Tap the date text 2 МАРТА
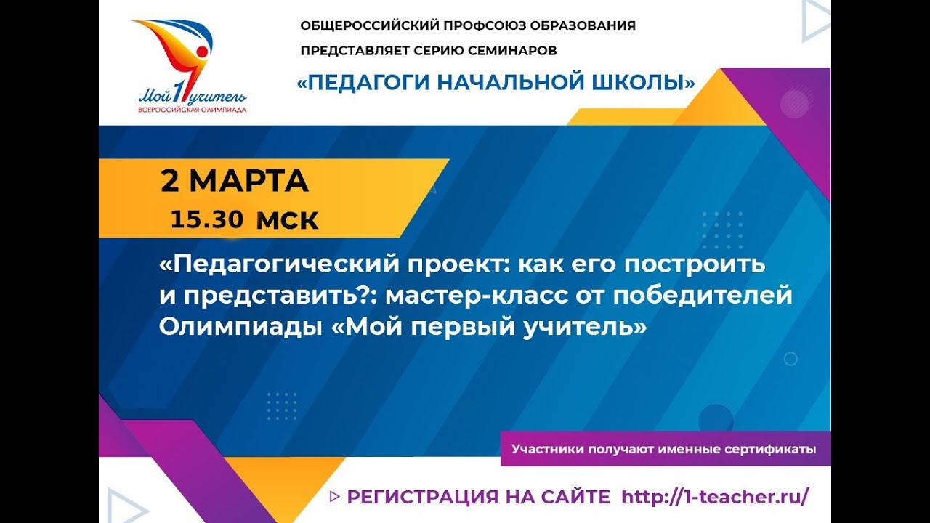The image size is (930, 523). coord(235,182)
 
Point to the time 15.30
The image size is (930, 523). coord(207,219)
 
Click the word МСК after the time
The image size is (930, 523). coord(288,221)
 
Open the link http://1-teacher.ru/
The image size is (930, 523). coord(715,497)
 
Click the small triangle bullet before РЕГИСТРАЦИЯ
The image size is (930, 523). coord(334,497)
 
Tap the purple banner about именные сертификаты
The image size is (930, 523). coord(663,449)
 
